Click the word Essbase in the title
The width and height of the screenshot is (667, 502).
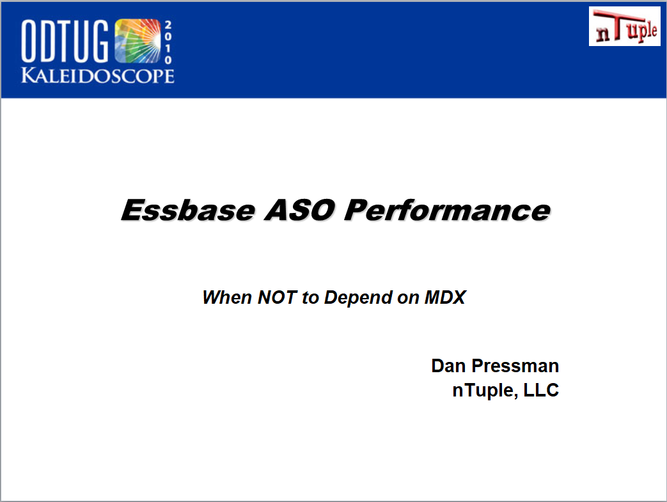click(189, 210)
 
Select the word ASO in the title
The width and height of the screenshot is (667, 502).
click(300, 210)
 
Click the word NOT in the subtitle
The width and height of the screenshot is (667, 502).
click(277, 297)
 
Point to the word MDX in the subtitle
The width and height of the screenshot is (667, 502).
click(445, 297)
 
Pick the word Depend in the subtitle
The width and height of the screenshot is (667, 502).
click(358, 298)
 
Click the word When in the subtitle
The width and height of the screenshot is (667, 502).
click(227, 297)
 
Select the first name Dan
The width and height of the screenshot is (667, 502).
click(448, 366)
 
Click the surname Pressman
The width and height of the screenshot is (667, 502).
click(515, 366)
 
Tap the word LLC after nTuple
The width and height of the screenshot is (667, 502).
click(541, 390)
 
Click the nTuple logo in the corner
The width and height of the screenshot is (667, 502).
click(624, 26)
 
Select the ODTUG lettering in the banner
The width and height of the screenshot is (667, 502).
click(65, 42)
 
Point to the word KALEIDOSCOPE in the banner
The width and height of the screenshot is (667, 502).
click(98, 75)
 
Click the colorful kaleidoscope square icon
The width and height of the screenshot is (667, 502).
click(138, 41)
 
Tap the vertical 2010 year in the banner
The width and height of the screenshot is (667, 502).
click(168, 42)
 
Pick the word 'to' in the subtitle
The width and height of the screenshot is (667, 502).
click(311, 298)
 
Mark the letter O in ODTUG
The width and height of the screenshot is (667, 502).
click(29, 42)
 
